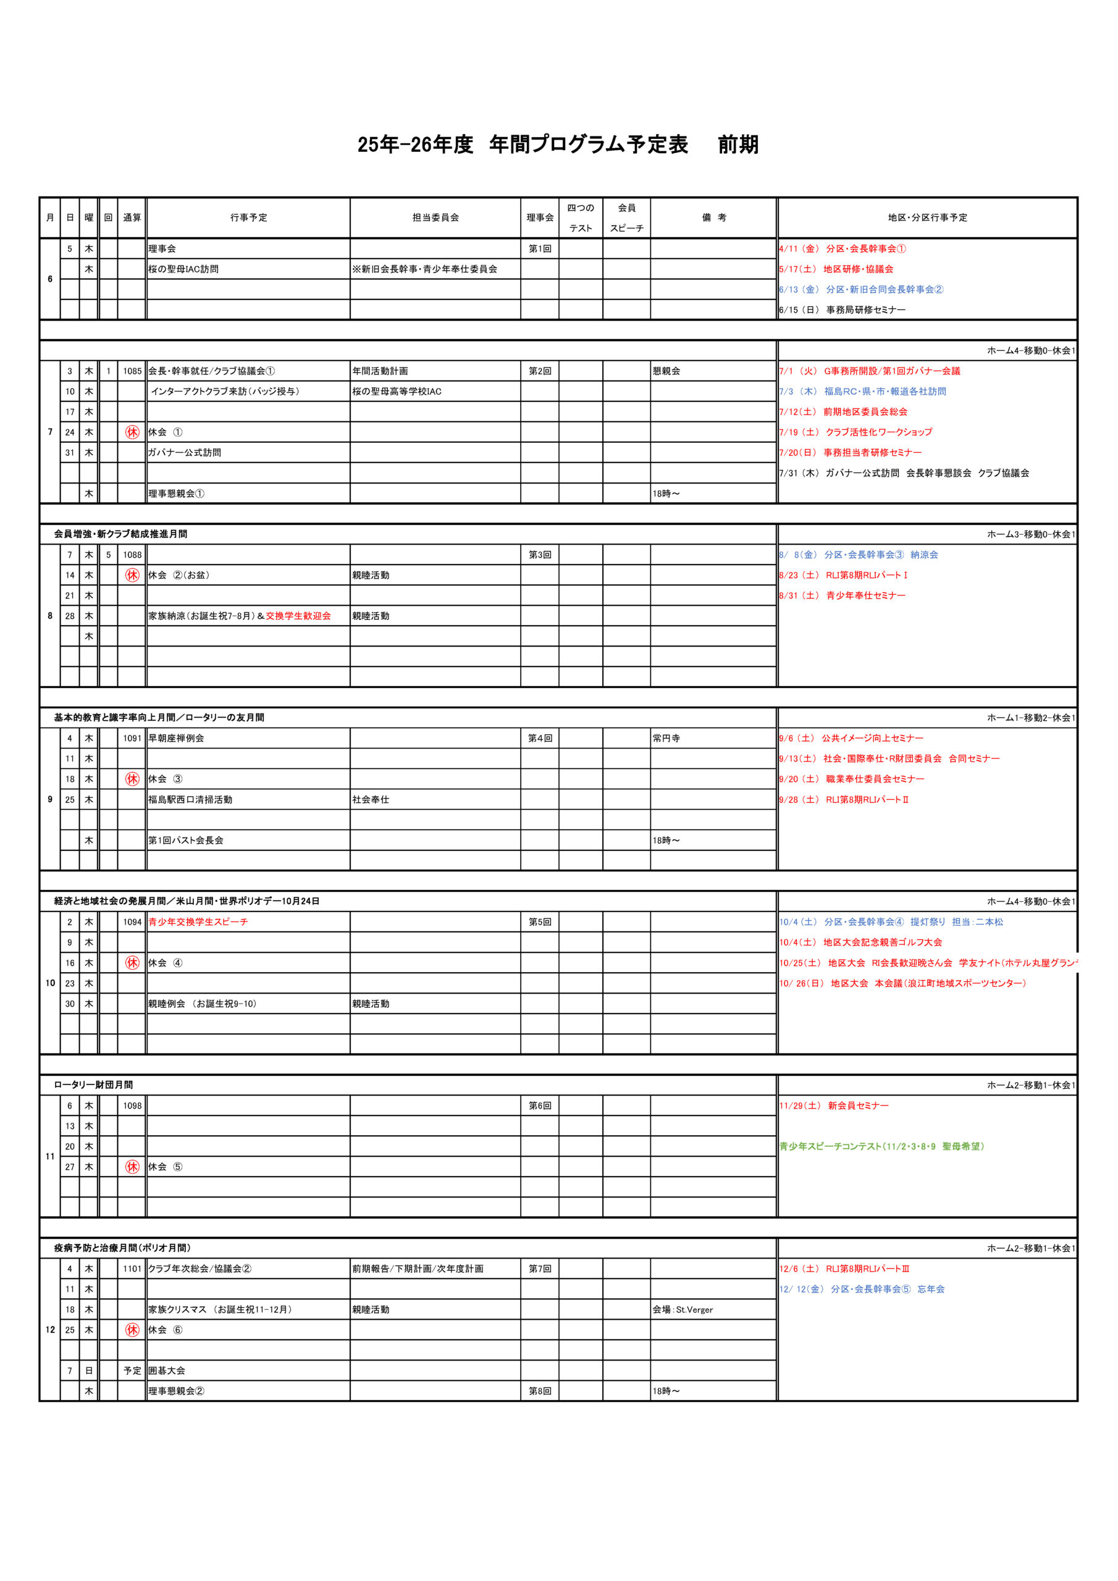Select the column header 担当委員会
point(435,217)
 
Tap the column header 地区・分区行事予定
point(927,217)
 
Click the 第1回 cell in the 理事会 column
point(539,249)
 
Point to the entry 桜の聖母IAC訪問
point(183,269)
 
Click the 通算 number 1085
point(132,371)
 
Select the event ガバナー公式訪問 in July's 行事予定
point(185,453)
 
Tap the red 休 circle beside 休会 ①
point(132,432)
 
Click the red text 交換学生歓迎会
point(298,616)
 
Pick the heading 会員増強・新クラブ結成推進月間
point(120,534)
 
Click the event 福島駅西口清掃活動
point(190,799)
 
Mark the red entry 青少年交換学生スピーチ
point(198,921)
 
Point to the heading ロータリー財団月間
point(94,1084)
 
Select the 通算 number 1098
point(132,1105)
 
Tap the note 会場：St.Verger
point(683,1309)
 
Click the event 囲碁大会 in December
point(167,1370)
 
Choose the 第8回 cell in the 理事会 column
point(539,1391)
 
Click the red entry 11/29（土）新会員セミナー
point(834,1105)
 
